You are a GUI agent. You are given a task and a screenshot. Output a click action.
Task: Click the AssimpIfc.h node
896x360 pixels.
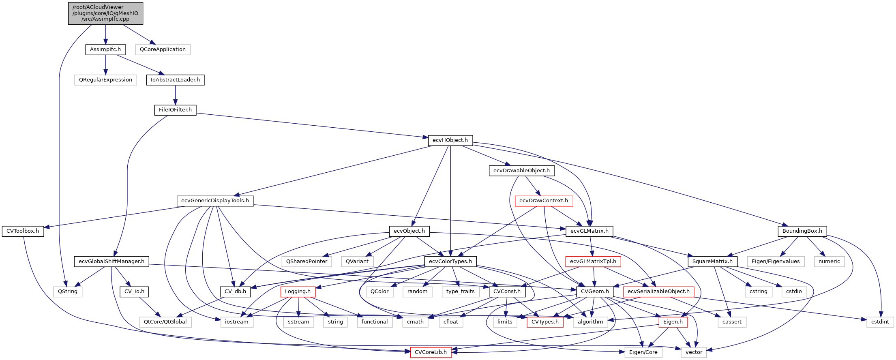coord(105,49)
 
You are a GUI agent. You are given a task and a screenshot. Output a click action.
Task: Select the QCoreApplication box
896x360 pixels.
coord(163,49)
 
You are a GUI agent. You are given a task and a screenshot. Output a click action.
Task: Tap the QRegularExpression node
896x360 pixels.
coord(105,80)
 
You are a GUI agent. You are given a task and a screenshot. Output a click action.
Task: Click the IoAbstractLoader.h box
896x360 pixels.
coord(175,80)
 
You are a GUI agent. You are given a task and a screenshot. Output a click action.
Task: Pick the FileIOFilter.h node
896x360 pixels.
coord(175,110)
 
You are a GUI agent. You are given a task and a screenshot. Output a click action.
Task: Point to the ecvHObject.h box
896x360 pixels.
coord(450,140)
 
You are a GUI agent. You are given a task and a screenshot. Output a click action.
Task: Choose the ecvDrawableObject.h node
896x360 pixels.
coord(521,171)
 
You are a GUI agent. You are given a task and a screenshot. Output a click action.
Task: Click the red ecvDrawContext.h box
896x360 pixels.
coord(543,201)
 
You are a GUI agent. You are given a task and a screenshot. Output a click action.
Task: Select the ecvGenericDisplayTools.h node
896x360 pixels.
coord(215,201)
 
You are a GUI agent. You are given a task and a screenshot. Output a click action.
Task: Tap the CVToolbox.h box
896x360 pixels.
coord(23,231)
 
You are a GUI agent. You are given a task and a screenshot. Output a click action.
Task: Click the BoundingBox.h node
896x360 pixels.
coord(802,231)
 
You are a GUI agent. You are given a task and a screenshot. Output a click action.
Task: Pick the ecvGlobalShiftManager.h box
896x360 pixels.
coord(111,261)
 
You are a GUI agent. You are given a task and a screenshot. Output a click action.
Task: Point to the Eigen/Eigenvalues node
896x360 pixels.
coord(775,261)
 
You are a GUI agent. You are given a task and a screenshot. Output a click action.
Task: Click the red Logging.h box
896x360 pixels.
coord(298,291)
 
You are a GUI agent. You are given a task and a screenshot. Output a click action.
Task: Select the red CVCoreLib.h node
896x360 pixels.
coord(431,352)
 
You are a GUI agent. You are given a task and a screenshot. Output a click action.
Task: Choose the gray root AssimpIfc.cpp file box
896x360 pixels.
coord(105,13)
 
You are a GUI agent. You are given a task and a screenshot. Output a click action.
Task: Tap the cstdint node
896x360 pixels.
coord(880,322)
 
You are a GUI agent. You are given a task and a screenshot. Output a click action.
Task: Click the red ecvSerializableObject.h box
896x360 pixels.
coord(658,291)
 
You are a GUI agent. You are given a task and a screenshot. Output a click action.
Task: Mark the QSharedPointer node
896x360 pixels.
coord(307,261)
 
